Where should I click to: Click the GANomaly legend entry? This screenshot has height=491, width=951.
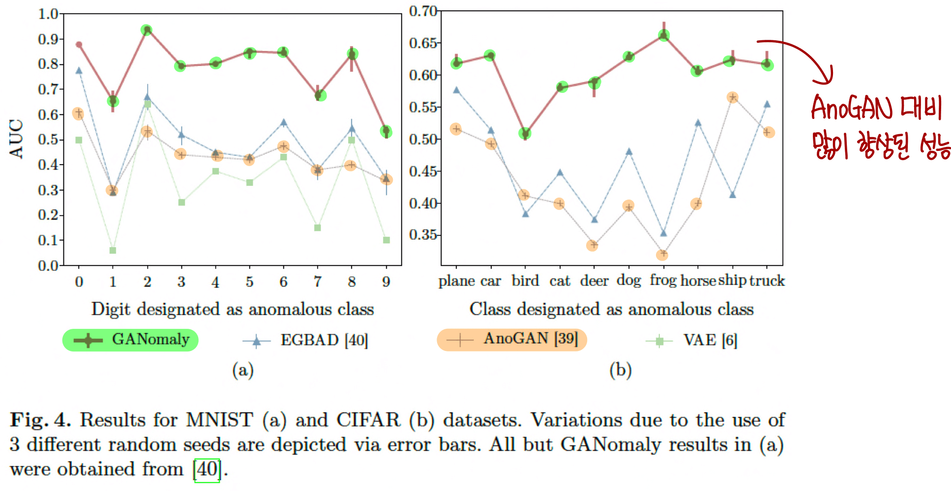tap(130, 340)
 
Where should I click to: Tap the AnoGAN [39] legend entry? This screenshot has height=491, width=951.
tap(512, 340)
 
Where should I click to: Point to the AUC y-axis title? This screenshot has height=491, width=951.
tap(16, 139)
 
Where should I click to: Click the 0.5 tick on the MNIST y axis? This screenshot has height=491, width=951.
tap(48, 140)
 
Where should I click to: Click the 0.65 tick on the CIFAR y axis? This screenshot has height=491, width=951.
tap(422, 43)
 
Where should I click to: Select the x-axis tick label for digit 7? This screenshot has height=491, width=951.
tap(318, 282)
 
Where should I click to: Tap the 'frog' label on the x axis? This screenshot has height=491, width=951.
tap(663, 280)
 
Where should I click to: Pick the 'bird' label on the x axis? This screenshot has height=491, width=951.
tap(525, 281)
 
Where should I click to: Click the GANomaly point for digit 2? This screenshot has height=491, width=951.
tap(147, 30)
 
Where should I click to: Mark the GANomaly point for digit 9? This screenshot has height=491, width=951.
tap(386, 131)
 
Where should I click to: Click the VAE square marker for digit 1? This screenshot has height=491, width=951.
tap(113, 251)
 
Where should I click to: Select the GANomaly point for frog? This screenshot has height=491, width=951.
tap(664, 35)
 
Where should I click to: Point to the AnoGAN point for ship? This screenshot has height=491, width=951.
tap(733, 97)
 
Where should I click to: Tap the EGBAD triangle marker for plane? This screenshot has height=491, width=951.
tap(456, 90)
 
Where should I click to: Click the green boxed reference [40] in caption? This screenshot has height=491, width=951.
tap(207, 470)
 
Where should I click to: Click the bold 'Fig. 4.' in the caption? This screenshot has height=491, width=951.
tap(40, 420)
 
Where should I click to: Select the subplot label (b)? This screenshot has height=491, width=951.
tap(620, 370)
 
